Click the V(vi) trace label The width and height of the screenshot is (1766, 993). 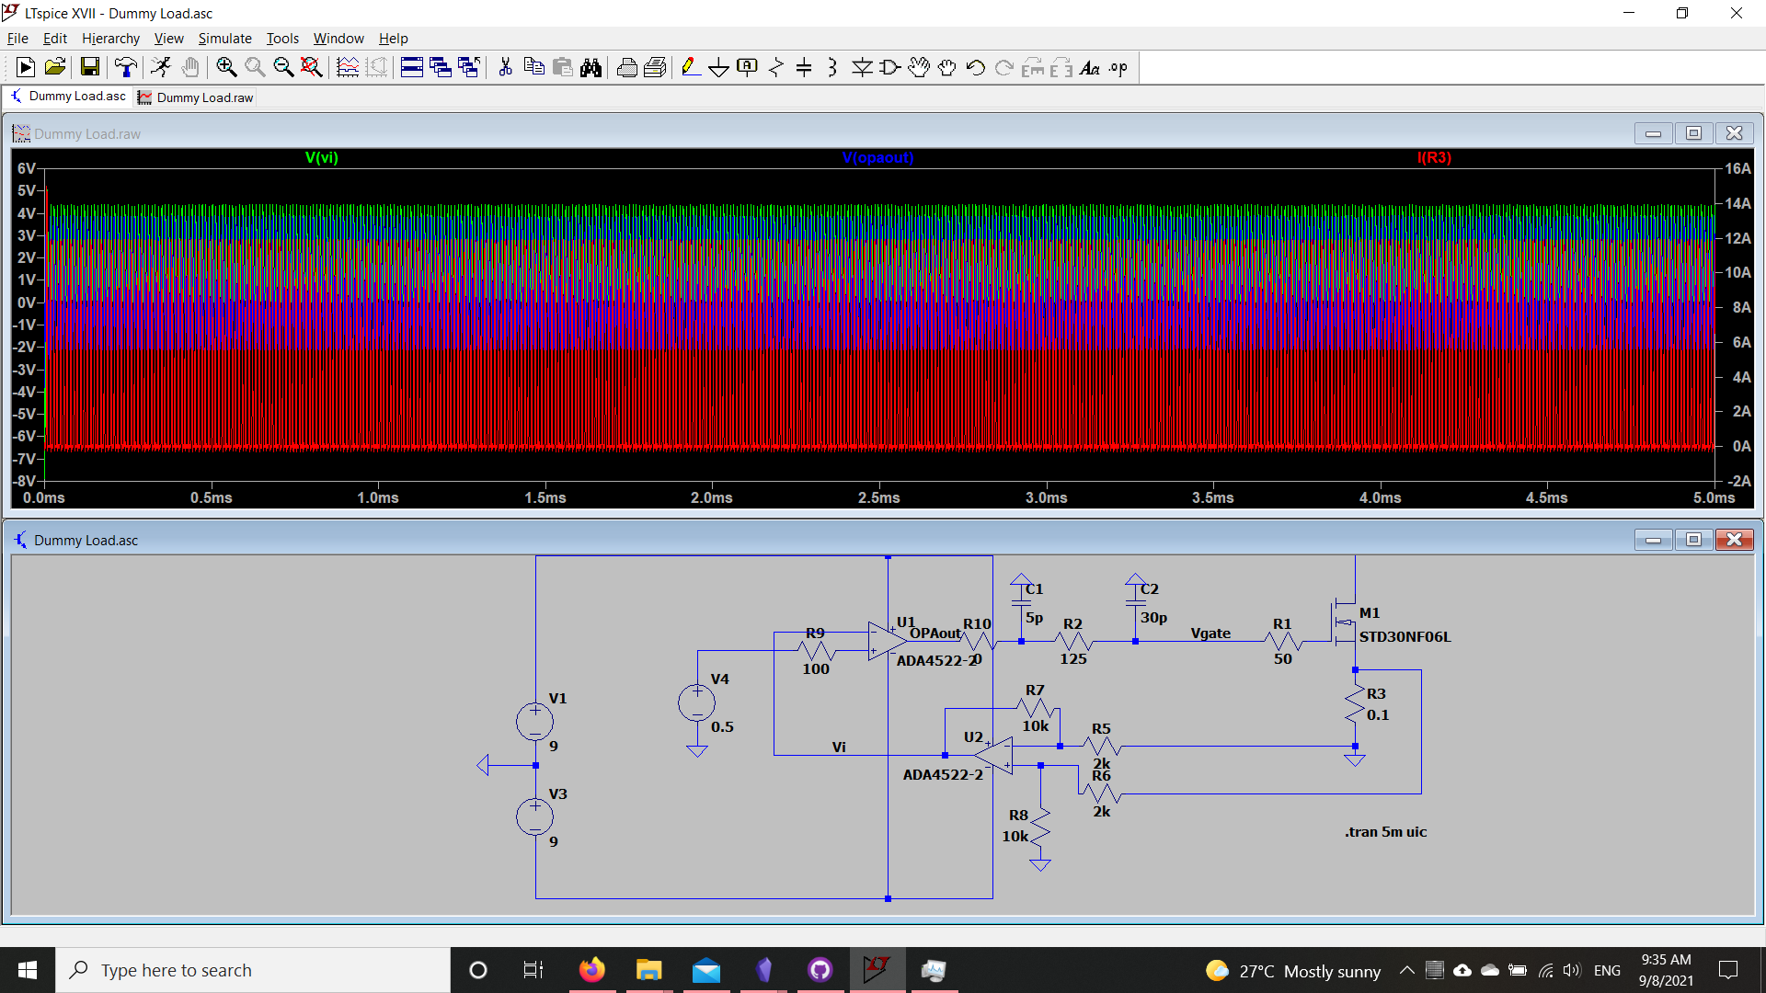click(322, 158)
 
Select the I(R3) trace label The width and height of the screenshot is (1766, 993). click(1434, 158)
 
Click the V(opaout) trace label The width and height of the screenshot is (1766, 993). click(877, 158)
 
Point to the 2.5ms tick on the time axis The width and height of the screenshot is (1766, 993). click(879, 497)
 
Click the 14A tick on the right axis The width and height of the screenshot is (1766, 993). click(1737, 203)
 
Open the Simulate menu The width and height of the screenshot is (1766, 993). click(224, 39)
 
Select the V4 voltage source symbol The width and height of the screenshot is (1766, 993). click(696, 704)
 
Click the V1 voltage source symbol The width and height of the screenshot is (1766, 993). click(534, 722)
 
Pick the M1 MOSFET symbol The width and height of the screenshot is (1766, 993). click(1345, 623)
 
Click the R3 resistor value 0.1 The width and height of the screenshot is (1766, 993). click(1378, 715)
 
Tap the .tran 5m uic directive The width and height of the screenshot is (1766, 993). click(1386, 832)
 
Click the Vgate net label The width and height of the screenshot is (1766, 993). click(1210, 633)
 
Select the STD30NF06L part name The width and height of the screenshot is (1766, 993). click(1405, 636)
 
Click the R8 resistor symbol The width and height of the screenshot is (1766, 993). click(1040, 827)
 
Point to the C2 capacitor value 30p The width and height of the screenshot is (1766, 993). click(1153, 618)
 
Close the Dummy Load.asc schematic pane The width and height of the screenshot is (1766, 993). click(1734, 540)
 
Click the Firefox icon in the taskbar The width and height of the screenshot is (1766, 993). click(592, 970)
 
